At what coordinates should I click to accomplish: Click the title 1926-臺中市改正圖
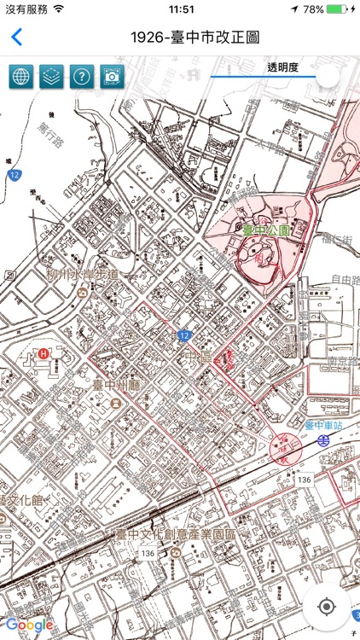pyautogui.click(x=195, y=38)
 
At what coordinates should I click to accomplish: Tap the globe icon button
pyautogui.click(x=21, y=77)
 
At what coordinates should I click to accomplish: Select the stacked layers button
pyautogui.click(x=52, y=77)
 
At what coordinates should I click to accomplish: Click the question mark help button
pyautogui.click(x=82, y=77)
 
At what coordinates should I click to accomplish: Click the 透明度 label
pyautogui.click(x=282, y=67)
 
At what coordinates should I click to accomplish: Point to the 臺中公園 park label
pyautogui.click(x=266, y=230)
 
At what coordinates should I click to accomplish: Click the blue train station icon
pyautogui.click(x=324, y=440)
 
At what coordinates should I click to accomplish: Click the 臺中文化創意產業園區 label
pyautogui.click(x=175, y=533)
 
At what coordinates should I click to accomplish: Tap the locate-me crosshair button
pyautogui.click(x=326, y=607)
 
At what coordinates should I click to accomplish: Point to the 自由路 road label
pyautogui.click(x=344, y=278)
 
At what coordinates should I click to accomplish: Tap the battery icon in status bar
pyautogui.click(x=339, y=9)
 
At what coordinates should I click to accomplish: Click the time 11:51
pyautogui.click(x=182, y=9)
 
